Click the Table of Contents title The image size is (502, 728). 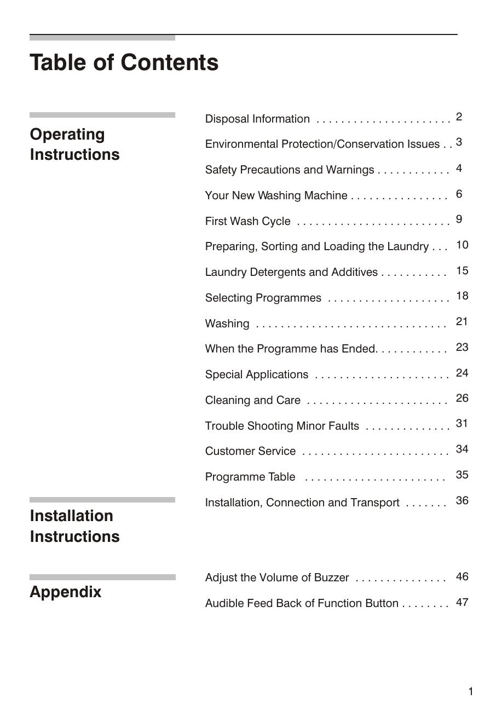[x=124, y=62]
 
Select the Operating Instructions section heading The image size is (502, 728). [x=74, y=144]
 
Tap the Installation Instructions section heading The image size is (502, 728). [x=74, y=526]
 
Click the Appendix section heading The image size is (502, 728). [x=65, y=592]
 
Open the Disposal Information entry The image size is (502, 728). [x=257, y=119]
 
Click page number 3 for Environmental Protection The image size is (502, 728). [x=459, y=142]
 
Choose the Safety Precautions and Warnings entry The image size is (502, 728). [x=290, y=170]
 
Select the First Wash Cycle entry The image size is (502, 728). [x=247, y=221]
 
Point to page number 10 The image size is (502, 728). [x=462, y=245]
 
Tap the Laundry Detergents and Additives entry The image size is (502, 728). [x=291, y=272]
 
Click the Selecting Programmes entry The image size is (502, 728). [x=263, y=298]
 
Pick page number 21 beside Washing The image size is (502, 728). [x=462, y=321]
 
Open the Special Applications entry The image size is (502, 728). [x=257, y=374]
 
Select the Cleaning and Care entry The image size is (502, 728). [x=253, y=400]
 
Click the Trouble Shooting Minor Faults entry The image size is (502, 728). [x=282, y=426]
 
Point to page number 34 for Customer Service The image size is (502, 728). [x=462, y=449]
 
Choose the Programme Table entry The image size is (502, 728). [x=250, y=477]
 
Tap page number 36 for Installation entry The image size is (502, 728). [x=462, y=500]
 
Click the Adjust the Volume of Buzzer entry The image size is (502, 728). [x=277, y=577]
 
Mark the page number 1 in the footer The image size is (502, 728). [x=470, y=692]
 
